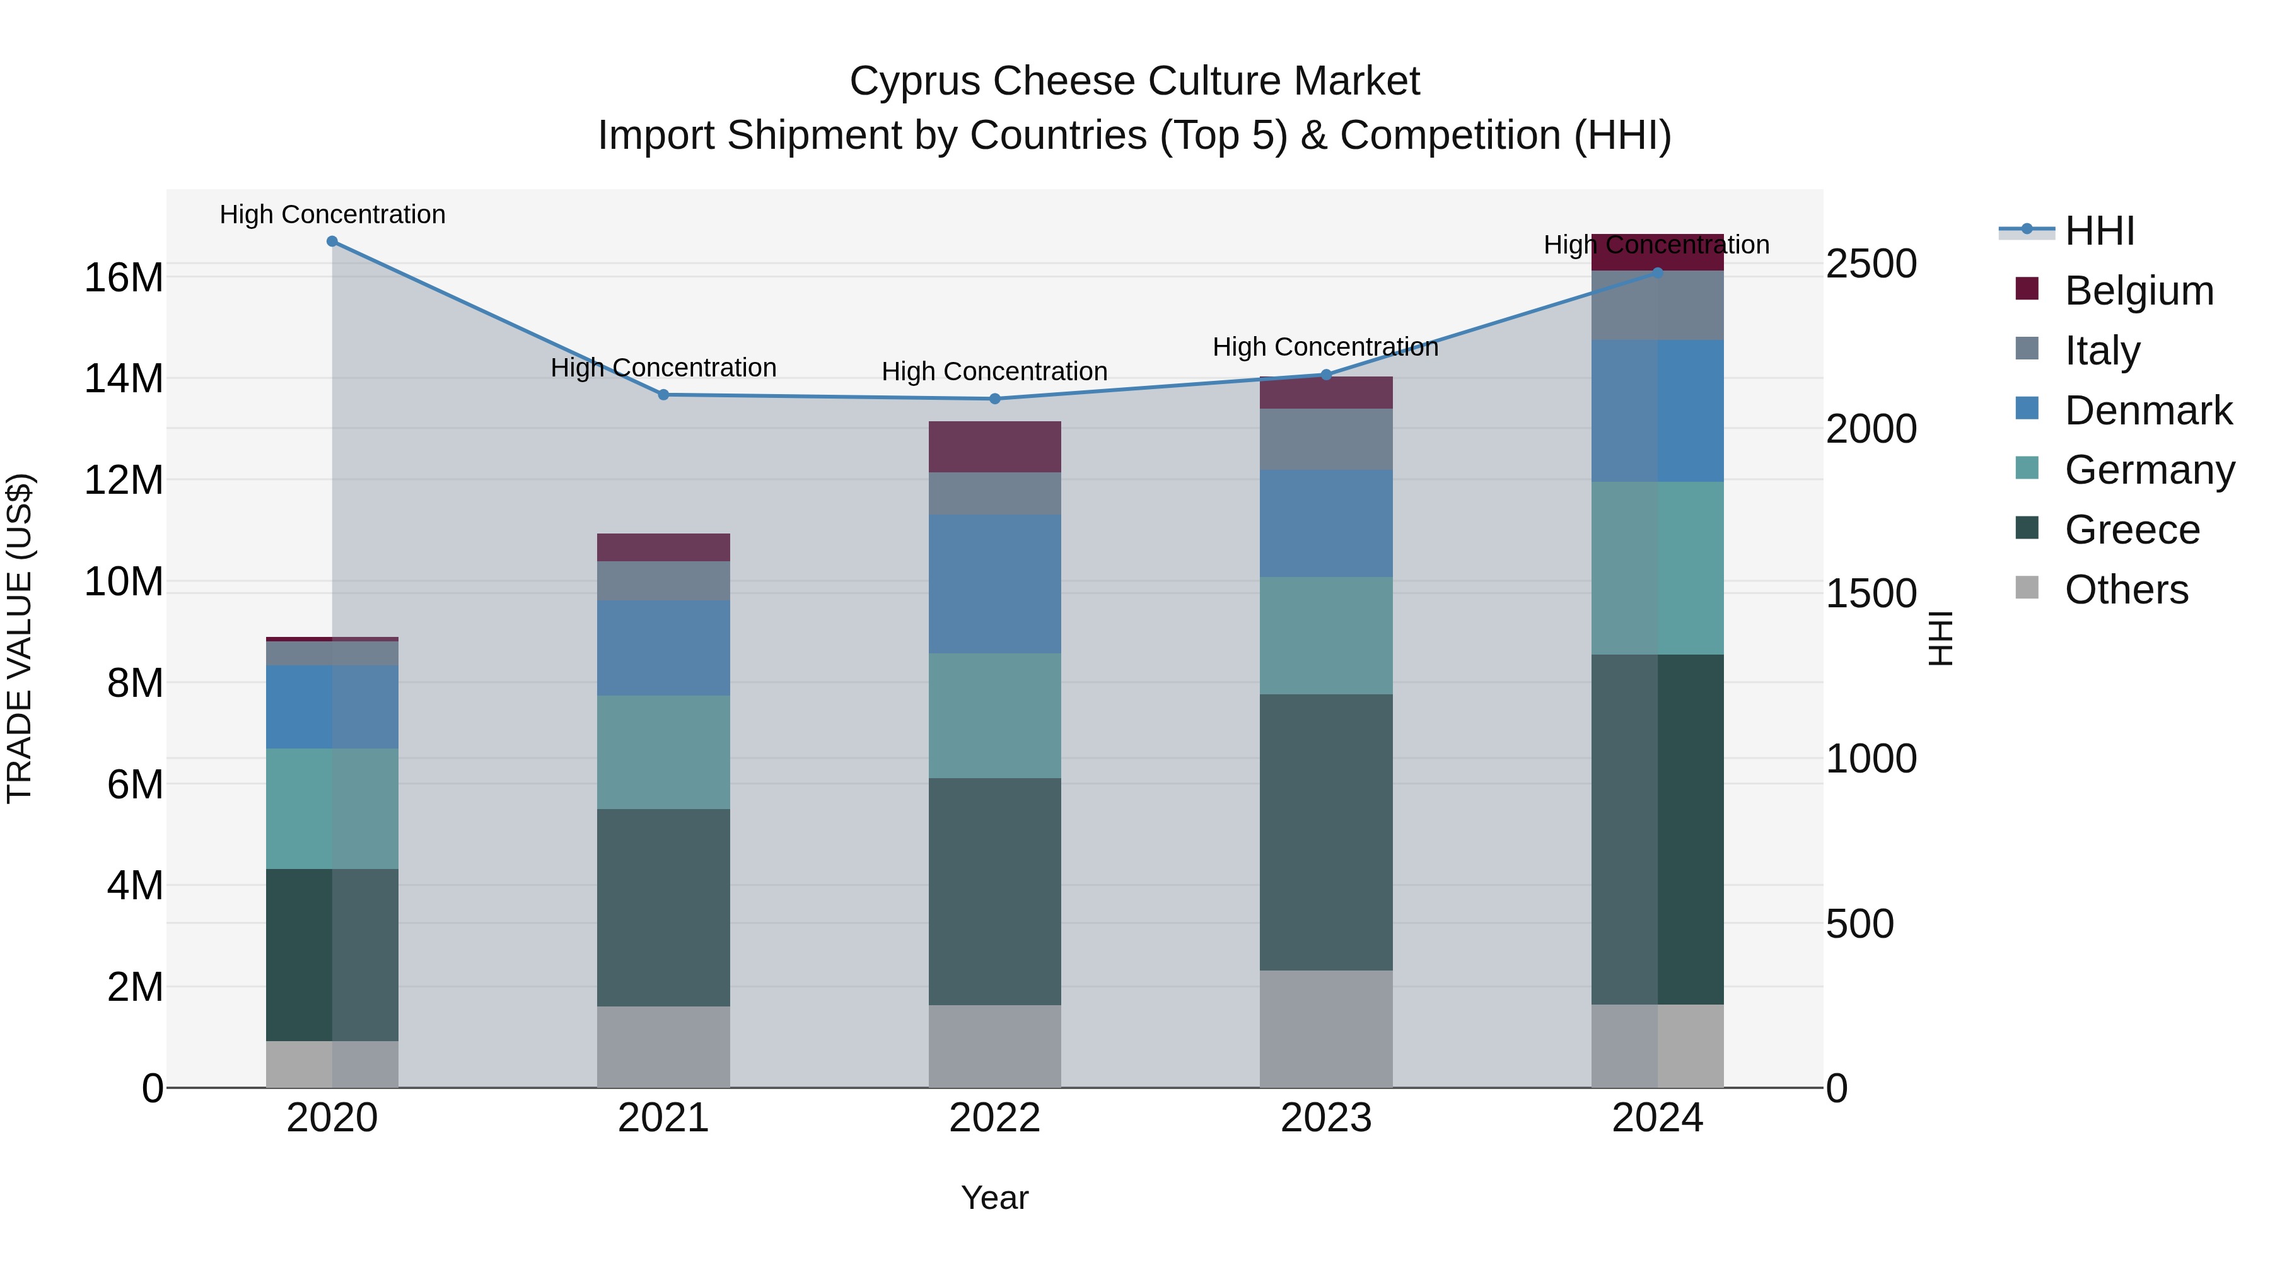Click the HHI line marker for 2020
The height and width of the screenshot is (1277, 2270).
tap(332, 242)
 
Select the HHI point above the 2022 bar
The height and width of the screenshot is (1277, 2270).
tap(995, 399)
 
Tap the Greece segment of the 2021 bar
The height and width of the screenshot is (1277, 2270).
tap(663, 907)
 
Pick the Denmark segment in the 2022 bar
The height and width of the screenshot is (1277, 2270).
tap(995, 585)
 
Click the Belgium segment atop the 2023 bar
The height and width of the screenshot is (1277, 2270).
tap(1326, 393)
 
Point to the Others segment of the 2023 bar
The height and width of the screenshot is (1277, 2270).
tap(1326, 1029)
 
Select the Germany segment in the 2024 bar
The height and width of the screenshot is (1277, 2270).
tap(1658, 568)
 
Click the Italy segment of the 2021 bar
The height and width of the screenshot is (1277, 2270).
tap(663, 581)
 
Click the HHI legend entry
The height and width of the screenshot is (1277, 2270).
tap(2099, 231)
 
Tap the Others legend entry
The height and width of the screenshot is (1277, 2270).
tap(2126, 590)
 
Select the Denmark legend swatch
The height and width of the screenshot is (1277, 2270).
tap(2027, 409)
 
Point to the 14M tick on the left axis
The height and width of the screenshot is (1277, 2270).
tap(124, 379)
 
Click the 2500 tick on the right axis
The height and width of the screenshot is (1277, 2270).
tap(1871, 264)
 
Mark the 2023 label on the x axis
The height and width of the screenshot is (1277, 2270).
tap(1326, 1118)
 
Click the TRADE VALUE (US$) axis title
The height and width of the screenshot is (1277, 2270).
tap(20, 638)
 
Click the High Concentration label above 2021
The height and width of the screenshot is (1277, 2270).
tap(663, 368)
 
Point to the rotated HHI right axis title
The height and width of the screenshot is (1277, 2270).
tap(1940, 638)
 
